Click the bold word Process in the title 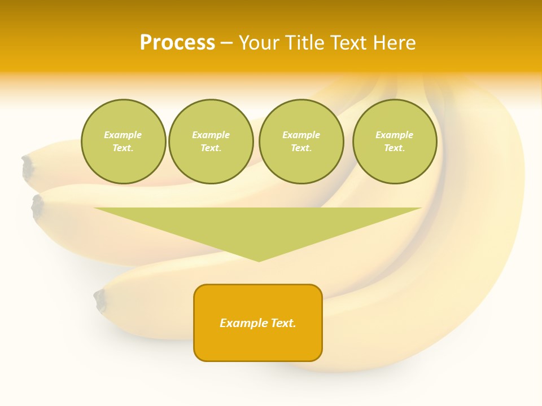[x=177, y=43]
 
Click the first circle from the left [x=123, y=142]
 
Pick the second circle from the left [x=211, y=142]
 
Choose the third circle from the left [x=301, y=142]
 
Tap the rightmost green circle [x=395, y=142]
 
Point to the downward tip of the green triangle [x=259, y=260]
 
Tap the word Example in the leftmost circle [x=123, y=135]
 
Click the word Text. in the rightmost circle [x=395, y=148]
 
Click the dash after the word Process [x=227, y=43]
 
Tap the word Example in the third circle [x=301, y=135]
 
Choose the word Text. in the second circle [x=211, y=148]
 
